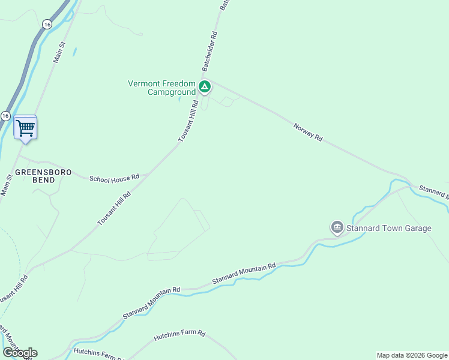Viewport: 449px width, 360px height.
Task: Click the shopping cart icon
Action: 25,128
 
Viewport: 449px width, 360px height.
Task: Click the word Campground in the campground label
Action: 172,92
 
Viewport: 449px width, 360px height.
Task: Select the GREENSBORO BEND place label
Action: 43,176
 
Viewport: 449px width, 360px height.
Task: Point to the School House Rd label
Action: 114,178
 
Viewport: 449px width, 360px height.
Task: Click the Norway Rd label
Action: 308,132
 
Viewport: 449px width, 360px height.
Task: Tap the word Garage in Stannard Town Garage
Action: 417,228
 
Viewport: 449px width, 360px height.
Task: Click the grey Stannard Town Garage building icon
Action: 337,227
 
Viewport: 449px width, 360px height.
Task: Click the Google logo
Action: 20,353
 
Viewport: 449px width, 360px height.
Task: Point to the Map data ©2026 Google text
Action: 411,355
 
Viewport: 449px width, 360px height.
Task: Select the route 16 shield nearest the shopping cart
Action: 5,115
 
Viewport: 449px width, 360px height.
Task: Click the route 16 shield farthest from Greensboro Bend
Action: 47,24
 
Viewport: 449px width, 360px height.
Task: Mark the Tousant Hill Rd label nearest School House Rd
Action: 115,209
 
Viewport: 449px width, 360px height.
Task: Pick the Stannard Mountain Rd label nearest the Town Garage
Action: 244,274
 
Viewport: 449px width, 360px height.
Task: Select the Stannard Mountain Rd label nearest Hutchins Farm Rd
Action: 151,302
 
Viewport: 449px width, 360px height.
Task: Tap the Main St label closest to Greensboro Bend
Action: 7,185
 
